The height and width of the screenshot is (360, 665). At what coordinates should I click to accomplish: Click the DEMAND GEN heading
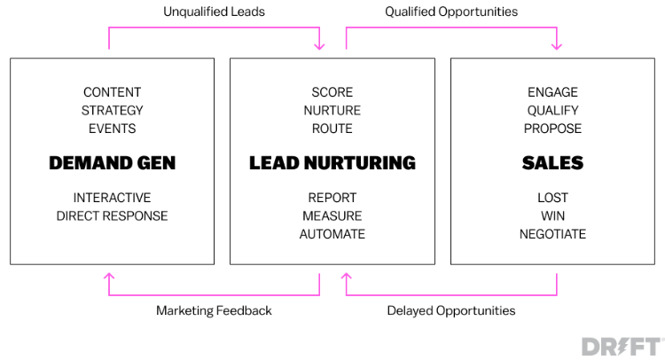[x=112, y=163]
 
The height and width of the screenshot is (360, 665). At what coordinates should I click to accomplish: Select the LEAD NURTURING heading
[x=332, y=163]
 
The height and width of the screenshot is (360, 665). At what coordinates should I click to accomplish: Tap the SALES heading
[x=552, y=163]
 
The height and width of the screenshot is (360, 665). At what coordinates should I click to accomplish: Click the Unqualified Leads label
[x=214, y=12]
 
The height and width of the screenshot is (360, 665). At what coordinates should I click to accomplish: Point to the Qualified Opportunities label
[x=451, y=12]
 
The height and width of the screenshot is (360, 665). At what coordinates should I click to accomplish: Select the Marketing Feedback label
[x=214, y=310]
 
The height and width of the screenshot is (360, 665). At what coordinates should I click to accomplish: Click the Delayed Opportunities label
[x=451, y=310]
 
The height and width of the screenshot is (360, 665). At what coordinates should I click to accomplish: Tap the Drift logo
[x=622, y=347]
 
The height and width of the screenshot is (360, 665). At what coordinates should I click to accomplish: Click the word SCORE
[x=332, y=92]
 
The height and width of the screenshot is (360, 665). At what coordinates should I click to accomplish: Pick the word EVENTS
[x=112, y=129]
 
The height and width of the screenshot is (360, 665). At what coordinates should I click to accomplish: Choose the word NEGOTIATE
[x=552, y=234]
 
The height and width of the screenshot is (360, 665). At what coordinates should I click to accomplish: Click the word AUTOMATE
[x=332, y=234]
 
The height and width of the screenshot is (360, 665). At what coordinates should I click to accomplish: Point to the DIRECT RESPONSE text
[x=112, y=215]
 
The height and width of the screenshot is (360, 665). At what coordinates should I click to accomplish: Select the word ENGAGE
[x=552, y=92]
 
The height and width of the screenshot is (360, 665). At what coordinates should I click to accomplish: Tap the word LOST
[x=552, y=198]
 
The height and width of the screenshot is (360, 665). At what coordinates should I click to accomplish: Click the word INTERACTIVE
[x=112, y=198]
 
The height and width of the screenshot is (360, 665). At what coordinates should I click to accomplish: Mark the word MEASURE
[x=332, y=215]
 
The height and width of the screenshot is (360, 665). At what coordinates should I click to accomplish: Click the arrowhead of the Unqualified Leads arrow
[x=319, y=47]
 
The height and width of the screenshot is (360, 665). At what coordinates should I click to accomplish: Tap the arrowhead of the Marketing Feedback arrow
[x=109, y=277]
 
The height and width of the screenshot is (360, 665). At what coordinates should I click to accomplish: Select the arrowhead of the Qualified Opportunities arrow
[x=557, y=47]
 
